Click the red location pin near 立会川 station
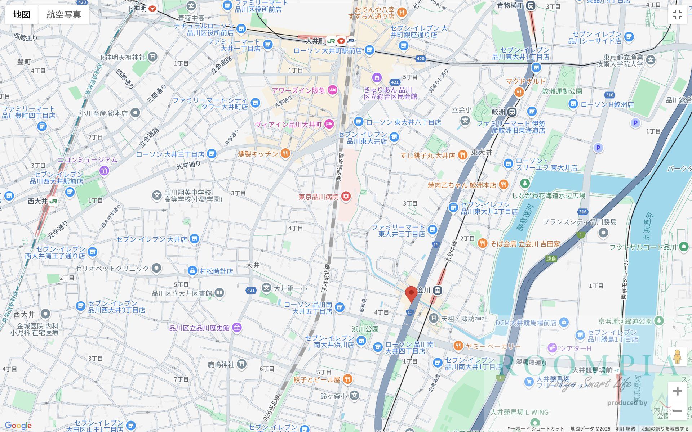[411, 293]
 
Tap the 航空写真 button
[64, 14]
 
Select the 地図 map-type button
[22, 14]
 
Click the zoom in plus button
[677, 391]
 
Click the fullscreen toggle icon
[677, 14]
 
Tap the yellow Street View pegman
[677, 357]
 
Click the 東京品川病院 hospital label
[319, 197]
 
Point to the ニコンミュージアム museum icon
[105, 170]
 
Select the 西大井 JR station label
[37, 201]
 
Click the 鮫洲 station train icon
[512, 112]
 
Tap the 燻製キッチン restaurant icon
[285, 154]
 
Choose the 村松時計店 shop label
[216, 271]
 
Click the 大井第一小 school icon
[266, 288]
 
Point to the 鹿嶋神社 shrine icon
[241, 364]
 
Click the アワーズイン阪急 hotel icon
[332, 90]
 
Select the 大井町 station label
[315, 41]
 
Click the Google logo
[18, 426]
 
